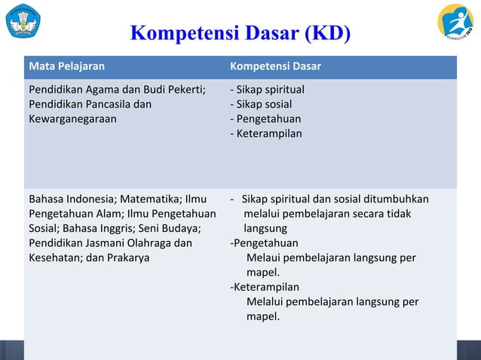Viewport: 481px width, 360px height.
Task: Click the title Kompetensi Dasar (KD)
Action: tap(240, 35)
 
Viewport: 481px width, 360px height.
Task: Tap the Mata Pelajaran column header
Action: tap(66, 66)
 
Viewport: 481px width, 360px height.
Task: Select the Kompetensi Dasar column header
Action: tap(275, 66)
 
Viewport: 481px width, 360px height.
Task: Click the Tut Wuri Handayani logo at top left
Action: tap(25, 21)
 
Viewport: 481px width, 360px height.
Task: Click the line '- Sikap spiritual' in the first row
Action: tap(267, 90)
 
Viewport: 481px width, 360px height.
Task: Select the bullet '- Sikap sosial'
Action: tap(261, 105)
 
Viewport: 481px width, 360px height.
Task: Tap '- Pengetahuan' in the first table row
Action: tap(265, 119)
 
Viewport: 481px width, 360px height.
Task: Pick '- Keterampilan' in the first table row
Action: tap(266, 133)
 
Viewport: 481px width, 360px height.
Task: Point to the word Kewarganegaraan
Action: tap(72, 119)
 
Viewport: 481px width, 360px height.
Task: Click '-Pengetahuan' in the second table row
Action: tap(264, 243)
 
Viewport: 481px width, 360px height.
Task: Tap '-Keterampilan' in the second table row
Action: tap(265, 287)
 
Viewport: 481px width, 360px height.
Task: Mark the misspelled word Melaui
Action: tap(263, 258)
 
